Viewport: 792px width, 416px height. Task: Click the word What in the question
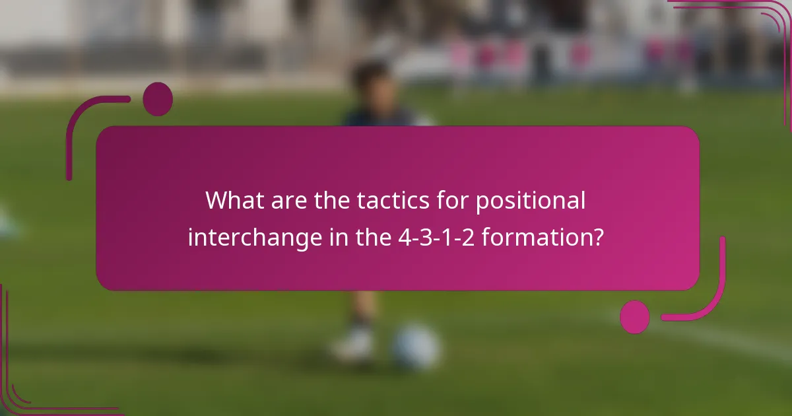(233, 200)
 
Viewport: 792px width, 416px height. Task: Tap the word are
(287, 200)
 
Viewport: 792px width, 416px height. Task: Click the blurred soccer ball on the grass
(416, 347)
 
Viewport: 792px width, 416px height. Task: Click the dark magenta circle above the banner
(158, 99)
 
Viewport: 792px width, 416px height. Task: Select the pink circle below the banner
(635, 317)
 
